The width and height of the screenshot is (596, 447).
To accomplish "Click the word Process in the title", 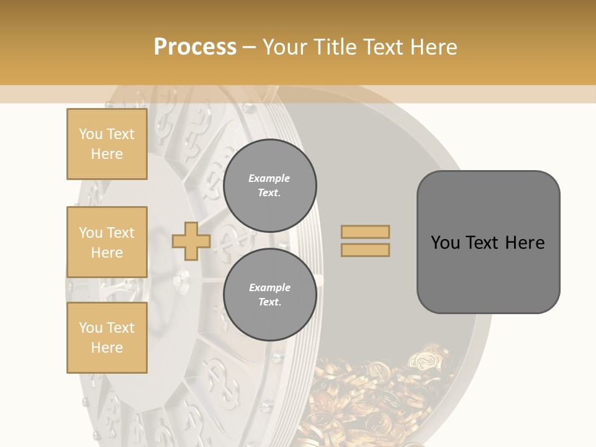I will [195, 47].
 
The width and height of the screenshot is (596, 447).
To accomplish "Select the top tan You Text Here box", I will [107, 144].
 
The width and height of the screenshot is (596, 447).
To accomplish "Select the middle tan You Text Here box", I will [107, 242].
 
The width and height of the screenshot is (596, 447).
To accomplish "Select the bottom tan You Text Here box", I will [107, 338].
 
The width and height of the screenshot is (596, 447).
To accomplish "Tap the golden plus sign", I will [191, 241].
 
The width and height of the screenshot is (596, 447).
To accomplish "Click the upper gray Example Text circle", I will [269, 186].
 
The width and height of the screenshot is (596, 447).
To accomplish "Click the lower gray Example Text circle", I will [269, 295].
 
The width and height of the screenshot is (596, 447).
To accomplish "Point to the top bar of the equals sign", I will [365, 232].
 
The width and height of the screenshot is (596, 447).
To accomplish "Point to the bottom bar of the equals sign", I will [365, 250].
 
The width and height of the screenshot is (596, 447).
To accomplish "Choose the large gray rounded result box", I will [488, 242].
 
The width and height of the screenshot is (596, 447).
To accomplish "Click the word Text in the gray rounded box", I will [483, 242].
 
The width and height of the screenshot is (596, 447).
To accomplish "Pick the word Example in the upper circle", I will [269, 178].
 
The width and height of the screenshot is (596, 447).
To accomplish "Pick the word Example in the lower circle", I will [269, 287].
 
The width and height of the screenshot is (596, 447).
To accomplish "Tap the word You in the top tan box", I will [90, 134].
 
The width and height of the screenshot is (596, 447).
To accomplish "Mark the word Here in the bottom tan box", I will [107, 348].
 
